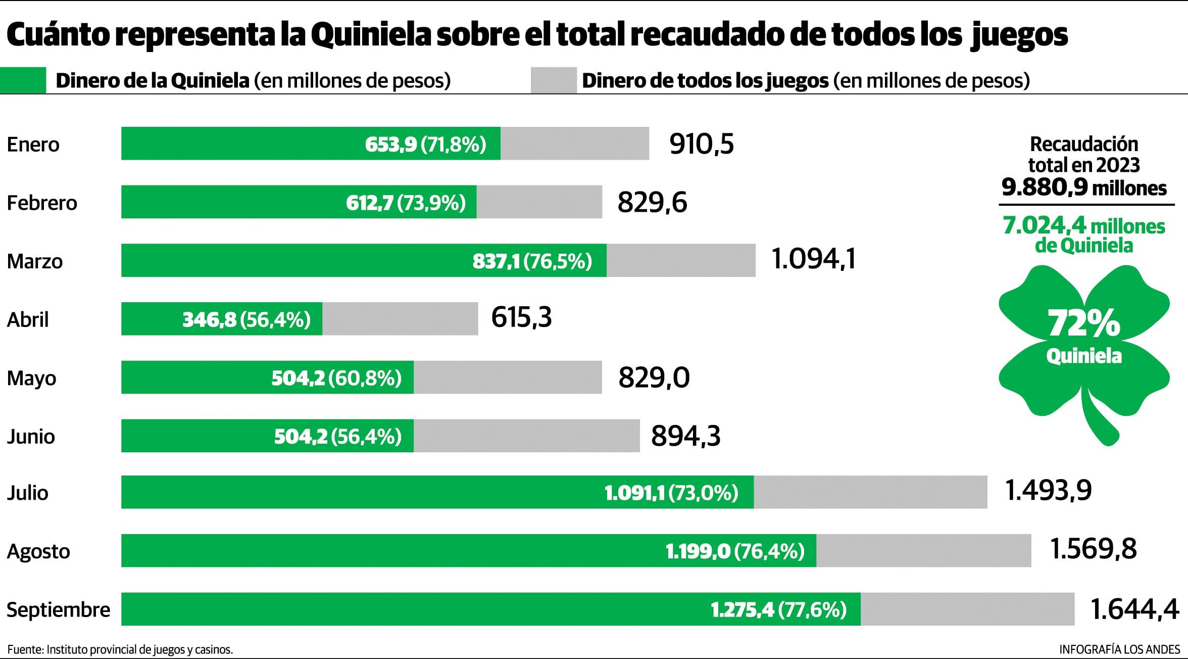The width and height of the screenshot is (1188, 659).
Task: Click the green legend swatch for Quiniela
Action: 23,80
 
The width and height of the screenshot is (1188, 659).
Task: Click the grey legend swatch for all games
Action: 554,80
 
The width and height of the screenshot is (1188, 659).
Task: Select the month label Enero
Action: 33,145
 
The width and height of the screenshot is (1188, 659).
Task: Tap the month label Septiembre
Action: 58,609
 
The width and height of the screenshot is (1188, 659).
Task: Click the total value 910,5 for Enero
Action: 701,144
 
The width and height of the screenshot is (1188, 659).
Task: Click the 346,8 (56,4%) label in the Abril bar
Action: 246,319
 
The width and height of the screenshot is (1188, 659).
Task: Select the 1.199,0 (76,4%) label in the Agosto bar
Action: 734,551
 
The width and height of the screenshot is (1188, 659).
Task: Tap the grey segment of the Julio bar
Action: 870,492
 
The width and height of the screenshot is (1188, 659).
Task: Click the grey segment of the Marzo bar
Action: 680,261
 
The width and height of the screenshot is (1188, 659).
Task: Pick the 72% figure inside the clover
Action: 1084,323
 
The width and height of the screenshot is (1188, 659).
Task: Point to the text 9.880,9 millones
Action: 1084,188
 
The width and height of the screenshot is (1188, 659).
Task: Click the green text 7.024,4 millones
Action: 1084,226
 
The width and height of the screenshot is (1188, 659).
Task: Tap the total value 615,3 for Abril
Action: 521,318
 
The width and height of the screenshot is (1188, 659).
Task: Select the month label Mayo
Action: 31,378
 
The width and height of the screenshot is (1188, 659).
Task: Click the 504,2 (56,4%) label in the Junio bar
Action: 337,436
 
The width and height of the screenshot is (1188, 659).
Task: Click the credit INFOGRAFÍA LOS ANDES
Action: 1119,649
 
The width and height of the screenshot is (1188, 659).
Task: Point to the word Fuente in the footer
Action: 25,649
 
